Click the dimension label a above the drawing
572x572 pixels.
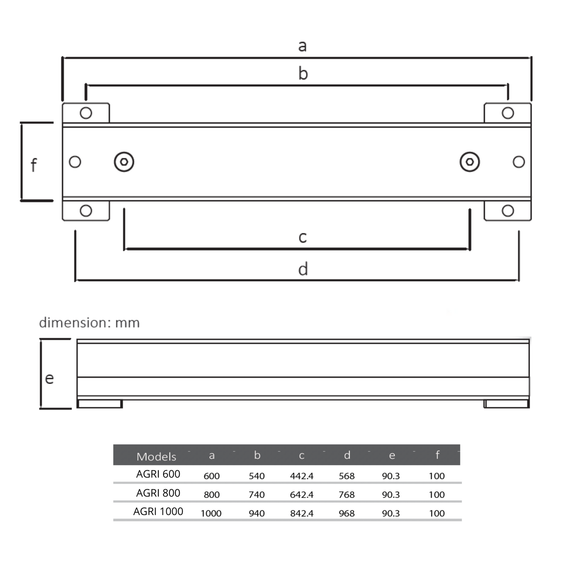click(302, 46)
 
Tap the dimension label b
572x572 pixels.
click(303, 74)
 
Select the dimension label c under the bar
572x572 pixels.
click(302, 238)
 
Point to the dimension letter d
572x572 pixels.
click(303, 269)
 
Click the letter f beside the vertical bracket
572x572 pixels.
click(34, 165)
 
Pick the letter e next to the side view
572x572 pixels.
click(49, 378)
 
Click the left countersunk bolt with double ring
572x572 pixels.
click(124, 162)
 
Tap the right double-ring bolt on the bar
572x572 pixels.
click(469, 162)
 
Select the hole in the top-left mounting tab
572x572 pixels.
click(86, 113)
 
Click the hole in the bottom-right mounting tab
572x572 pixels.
click(507, 211)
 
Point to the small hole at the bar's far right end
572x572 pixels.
click(519, 162)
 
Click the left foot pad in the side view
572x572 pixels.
click(100, 404)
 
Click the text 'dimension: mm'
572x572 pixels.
click(89, 323)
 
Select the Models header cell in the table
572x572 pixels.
click(156, 456)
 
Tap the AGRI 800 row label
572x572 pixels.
click(158, 493)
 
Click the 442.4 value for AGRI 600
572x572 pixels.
click(302, 476)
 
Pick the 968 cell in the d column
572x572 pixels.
click(346, 513)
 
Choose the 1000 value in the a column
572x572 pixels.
click(211, 513)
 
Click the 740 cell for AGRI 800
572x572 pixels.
click(257, 494)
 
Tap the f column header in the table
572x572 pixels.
click(437, 455)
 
